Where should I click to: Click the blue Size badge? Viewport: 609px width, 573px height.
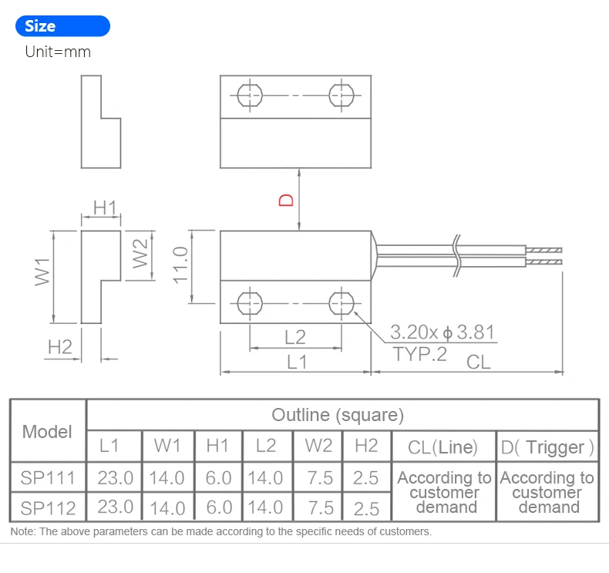point(62,26)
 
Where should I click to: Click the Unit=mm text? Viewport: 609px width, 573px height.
point(58,52)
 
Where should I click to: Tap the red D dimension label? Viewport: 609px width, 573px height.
point(286,200)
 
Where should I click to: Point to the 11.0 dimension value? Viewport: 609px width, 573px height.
point(181,265)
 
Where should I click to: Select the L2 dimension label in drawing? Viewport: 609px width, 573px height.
point(294,336)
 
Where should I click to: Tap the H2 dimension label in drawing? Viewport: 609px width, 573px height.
point(59,347)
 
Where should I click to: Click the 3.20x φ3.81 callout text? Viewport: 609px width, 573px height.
point(442,333)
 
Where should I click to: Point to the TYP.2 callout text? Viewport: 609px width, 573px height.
point(420,355)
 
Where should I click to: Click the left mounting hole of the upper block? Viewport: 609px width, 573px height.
point(250,96)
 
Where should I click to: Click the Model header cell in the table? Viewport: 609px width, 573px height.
point(47,431)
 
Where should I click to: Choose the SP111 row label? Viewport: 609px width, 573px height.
point(48,478)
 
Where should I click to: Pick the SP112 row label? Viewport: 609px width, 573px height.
point(48,507)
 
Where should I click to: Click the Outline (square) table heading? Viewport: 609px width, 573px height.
point(337,415)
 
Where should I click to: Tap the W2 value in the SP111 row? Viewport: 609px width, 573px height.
point(319,478)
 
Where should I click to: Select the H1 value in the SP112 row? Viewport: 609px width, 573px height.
point(218,507)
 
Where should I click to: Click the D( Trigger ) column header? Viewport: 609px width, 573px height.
point(547,447)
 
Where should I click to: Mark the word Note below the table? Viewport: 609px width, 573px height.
point(22,531)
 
